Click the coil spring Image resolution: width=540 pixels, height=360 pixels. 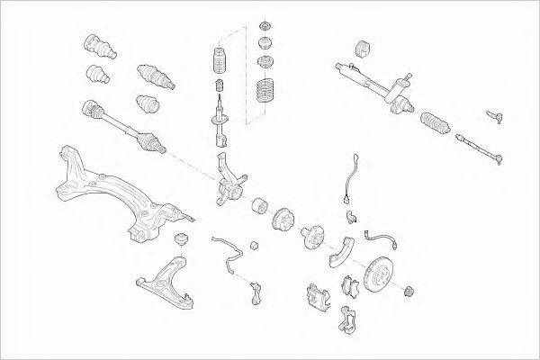tap(265, 94)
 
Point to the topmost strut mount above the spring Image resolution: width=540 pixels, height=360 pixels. tap(265, 24)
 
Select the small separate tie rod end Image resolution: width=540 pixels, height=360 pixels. tap(496, 116)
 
